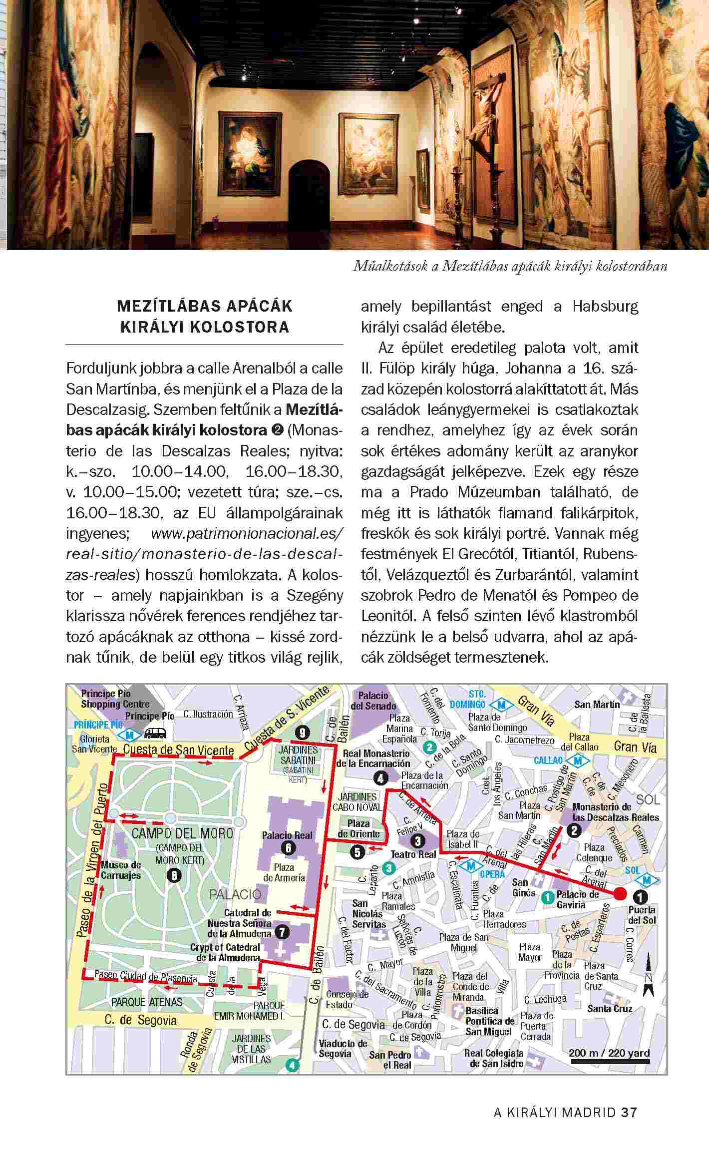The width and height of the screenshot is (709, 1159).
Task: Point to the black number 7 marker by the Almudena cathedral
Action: pyautogui.click(x=282, y=932)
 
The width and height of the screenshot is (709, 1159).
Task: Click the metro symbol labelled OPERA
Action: pyautogui.click(x=470, y=865)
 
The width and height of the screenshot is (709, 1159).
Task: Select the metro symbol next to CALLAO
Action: pyautogui.click(x=578, y=761)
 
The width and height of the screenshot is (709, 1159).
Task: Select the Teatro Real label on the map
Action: pyautogui.click(x=414, y=854)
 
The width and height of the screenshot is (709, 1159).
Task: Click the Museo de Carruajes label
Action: pyautogui.click(x=121, y=870)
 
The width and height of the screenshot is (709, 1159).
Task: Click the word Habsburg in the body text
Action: pyautogui.click(x=605, y=307)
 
